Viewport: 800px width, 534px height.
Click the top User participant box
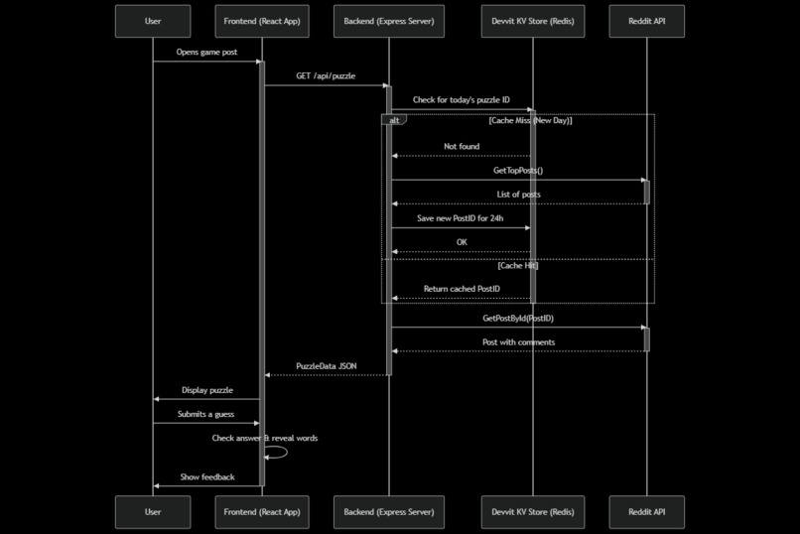153,21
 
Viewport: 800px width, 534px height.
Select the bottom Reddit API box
646,512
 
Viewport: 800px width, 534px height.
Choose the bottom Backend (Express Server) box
388,512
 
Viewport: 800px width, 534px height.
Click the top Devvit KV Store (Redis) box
532,21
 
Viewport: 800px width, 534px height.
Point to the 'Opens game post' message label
206,52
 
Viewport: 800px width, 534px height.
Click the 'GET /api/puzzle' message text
325,75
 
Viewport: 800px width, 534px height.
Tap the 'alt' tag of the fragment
394,120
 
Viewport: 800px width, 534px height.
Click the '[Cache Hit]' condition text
517,266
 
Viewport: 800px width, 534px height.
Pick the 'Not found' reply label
461,146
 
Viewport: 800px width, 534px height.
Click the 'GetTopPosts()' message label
517,171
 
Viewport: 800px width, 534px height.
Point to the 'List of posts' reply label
518,195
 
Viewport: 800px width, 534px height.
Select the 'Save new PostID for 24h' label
461,218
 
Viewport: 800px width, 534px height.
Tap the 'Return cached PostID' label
462,289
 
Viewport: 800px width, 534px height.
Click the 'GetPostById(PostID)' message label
517,319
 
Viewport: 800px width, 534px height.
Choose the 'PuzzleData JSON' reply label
326,366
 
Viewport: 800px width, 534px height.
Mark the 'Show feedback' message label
207,476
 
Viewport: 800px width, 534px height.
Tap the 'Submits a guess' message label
206,414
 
